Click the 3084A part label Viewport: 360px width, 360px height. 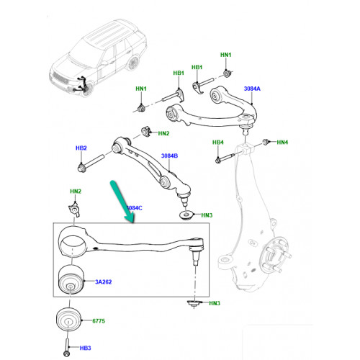[x=252, y=89]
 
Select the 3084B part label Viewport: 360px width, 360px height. [x=169, y=156]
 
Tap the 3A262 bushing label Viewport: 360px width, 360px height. [x=104, y=282]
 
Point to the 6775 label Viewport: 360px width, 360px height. [x=99, y=321]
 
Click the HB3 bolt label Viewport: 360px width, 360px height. [x=86, y=348]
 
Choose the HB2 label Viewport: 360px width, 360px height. [x=81, y=148]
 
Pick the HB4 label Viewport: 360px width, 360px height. [x=218, y=143]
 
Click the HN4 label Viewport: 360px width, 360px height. [x=282, y=143]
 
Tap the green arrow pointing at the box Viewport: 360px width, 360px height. [x=122, y=201]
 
